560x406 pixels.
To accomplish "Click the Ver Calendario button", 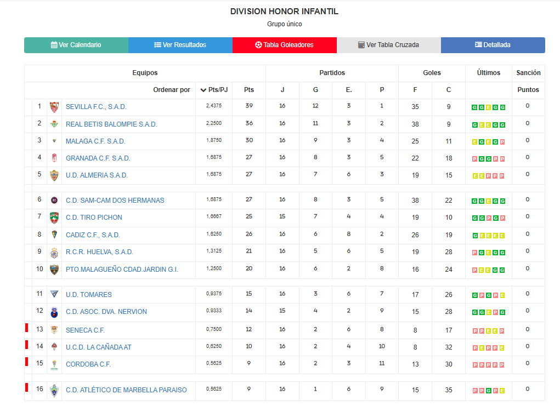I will coord(76,45).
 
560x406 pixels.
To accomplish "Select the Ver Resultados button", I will coord(180,45).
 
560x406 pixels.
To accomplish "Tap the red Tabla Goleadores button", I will coord(284,45).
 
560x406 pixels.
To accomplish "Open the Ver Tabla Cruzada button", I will coord(388,45).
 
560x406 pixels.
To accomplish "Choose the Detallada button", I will coord(493,45).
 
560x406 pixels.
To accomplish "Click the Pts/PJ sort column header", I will coord(214,90).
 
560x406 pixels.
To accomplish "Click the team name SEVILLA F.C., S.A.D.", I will coord(96,107).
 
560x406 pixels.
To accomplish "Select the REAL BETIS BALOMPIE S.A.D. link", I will coord(111,124).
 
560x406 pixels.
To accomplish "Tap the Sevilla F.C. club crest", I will coord(54,107).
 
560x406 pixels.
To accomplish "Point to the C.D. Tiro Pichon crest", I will coord(54,218).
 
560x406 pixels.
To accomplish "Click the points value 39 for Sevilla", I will coord(249,106).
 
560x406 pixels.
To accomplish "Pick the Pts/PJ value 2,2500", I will coord(214,124).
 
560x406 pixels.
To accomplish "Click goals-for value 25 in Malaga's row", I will coord(415,141).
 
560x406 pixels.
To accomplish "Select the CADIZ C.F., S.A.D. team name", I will coord(93,235).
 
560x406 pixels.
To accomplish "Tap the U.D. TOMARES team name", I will coord(89,295).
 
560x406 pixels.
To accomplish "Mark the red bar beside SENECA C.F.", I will coord(26,328).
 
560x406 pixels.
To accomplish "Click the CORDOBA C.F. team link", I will coord(88,364).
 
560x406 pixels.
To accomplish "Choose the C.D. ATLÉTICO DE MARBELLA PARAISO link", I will coord(126,390).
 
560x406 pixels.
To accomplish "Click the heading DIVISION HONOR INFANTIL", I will coord(284,12).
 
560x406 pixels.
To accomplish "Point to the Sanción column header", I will coord(528,73).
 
